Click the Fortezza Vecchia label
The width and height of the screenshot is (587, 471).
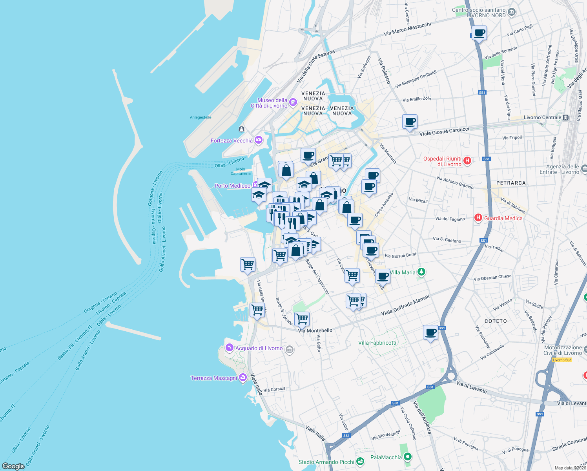[232, 141]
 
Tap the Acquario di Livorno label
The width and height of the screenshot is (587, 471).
[259, 348]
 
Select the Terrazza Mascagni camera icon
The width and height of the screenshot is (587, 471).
[243, 378]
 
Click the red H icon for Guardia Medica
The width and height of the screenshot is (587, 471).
[478, 218]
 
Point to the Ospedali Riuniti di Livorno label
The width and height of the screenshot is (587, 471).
[442, 161]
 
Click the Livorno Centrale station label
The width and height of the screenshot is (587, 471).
[542, 117]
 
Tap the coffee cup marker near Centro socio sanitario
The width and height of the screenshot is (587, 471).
[479, 33]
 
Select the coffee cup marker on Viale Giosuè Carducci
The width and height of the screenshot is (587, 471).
[410, 122]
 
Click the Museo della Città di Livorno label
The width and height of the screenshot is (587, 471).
[270, 103]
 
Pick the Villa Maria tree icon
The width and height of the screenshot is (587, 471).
[421, 272]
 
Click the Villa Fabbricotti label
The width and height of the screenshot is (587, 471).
[377, 343]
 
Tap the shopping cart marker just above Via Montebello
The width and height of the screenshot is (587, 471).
[302, 319]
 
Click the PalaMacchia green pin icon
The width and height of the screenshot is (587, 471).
[408, 457]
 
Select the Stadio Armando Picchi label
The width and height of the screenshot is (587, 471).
[326, 462]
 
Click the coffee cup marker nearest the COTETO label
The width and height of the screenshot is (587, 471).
[430, 333]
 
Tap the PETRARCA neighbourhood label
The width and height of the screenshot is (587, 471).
[510, 183]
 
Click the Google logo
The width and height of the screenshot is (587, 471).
[13, 466]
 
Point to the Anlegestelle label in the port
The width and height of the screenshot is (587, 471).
[201, 117]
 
